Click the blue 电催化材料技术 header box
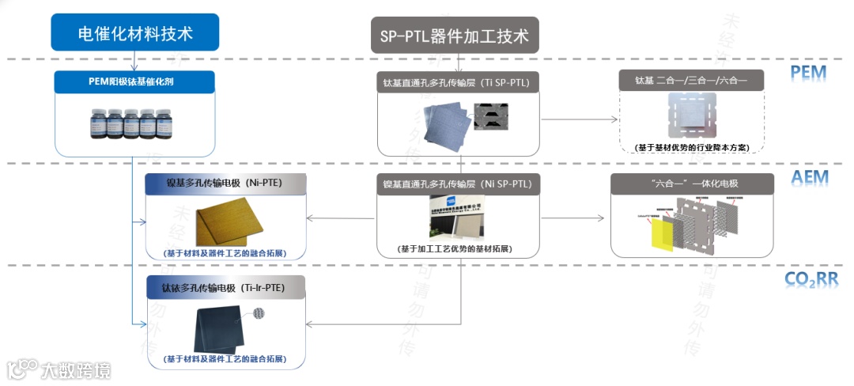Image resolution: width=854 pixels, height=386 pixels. click(135, 33)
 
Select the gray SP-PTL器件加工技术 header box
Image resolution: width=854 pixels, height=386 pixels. click(455, 36)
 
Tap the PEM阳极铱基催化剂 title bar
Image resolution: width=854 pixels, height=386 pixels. click(135, 81)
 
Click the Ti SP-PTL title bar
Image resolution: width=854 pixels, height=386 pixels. click(457, 82)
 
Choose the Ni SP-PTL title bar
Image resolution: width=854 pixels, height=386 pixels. click(457, 184)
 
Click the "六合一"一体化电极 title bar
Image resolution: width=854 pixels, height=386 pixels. click(691, 184)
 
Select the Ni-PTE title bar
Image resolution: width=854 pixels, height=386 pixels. click(225, 184)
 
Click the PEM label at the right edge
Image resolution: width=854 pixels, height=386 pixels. click(808, 74)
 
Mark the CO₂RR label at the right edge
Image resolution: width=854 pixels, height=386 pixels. click(811, 279)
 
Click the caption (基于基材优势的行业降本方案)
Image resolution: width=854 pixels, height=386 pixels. click(692, 147)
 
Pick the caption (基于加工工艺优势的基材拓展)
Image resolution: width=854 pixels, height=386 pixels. click(456, 249)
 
